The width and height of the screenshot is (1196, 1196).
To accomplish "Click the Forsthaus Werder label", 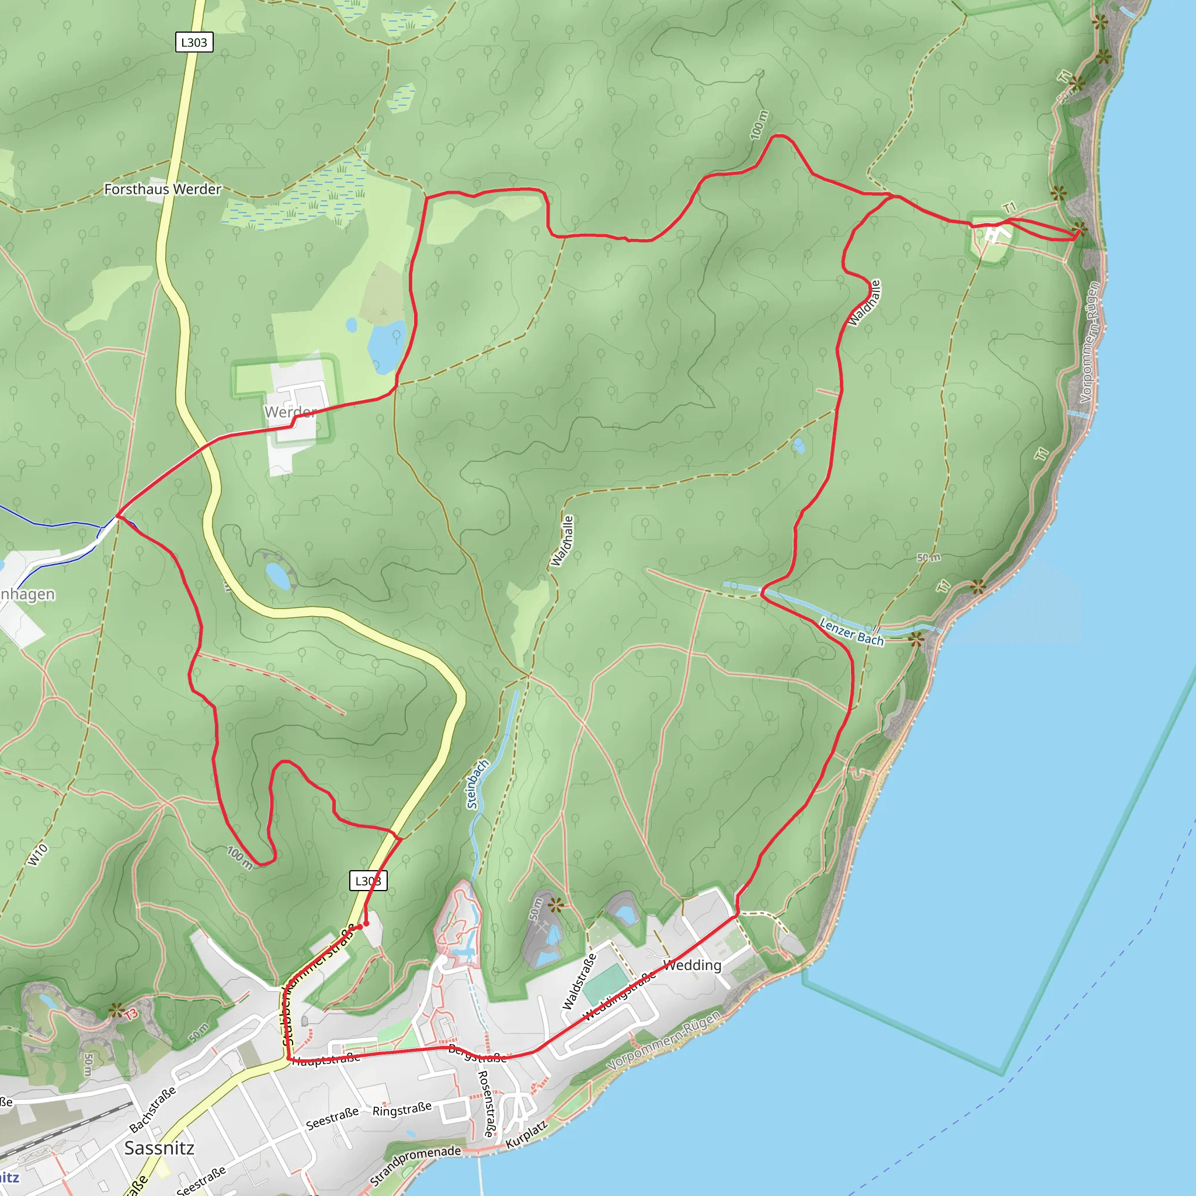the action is click(162, 189).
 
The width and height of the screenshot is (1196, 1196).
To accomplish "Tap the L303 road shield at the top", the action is click(194, 42).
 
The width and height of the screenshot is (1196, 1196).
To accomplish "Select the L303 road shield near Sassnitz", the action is click(368, 880).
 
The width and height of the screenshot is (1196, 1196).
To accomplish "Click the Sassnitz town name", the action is click(159, 1148).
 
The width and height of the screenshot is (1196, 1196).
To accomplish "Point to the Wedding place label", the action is click(692, 965).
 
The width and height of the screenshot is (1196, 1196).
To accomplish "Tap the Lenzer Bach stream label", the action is click(851, 631).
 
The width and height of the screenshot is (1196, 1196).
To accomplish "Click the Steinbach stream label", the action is click(477, 784).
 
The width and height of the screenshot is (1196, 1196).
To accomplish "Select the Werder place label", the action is click(290, 412).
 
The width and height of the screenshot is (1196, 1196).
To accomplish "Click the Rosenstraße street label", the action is click(488, 1103).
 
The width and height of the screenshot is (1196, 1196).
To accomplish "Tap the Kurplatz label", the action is click(526, 1135).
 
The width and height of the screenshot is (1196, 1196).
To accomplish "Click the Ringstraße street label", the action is click(402, 1110).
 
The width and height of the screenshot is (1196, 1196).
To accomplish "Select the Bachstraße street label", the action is click(152, 1110).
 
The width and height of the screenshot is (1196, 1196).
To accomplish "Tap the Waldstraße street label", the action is click(579, 982).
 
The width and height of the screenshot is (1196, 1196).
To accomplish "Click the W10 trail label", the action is click(37, 854).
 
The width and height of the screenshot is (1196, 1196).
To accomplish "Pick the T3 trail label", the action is click(131, 1014).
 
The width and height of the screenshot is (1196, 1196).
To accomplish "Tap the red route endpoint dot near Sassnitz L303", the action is click(366, 924).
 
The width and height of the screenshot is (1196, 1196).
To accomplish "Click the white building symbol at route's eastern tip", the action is click(994, 235).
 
